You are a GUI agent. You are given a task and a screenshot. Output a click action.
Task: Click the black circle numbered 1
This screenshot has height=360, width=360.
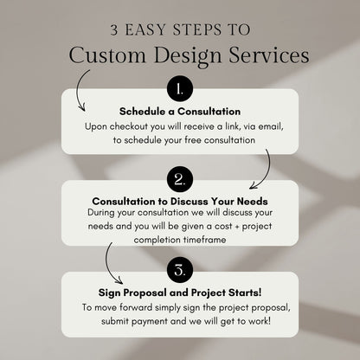(179, 89)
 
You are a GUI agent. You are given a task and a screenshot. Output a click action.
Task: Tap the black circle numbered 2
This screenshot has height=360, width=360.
(179, 180)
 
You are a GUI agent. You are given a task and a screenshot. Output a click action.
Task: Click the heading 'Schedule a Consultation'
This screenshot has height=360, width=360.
(179, 111)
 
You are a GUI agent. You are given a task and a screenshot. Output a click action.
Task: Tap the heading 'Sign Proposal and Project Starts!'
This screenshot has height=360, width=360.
(179, 292)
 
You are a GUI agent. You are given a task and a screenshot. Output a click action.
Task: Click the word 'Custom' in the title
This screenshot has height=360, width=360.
(101, 55)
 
